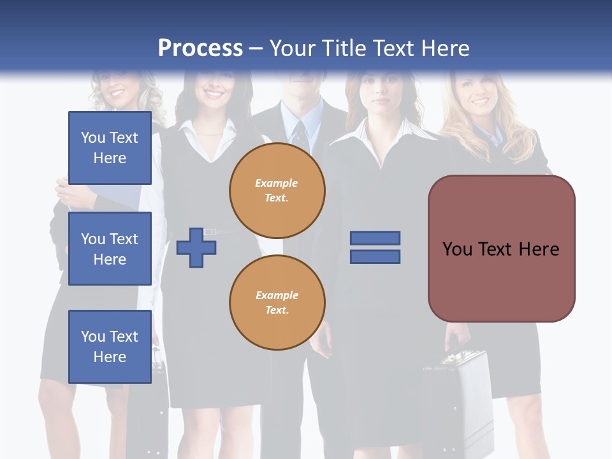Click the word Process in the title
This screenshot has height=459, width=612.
(200, 48)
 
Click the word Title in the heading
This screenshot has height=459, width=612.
(342, 48)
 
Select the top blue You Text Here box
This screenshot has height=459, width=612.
(110, 148)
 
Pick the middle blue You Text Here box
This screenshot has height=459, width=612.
(110, 249)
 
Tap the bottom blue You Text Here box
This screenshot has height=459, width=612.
(110, 347)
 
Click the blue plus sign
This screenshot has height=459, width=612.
(196, 247)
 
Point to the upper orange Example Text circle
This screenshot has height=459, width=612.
(277, 191)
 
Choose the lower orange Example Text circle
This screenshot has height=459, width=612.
(277, 303)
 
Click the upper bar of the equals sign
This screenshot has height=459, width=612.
(375, 238)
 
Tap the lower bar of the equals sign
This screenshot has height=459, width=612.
(375, 257)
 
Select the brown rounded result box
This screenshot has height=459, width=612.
(501, 249)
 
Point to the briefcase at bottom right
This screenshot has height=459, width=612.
(456, 402)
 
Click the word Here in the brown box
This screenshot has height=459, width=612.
(539, 249)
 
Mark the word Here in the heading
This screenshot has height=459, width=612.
(444, 48)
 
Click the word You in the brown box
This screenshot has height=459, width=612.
(457, 249)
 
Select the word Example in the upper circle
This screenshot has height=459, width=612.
(277, 183)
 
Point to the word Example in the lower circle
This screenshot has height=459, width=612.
(277, 295)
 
